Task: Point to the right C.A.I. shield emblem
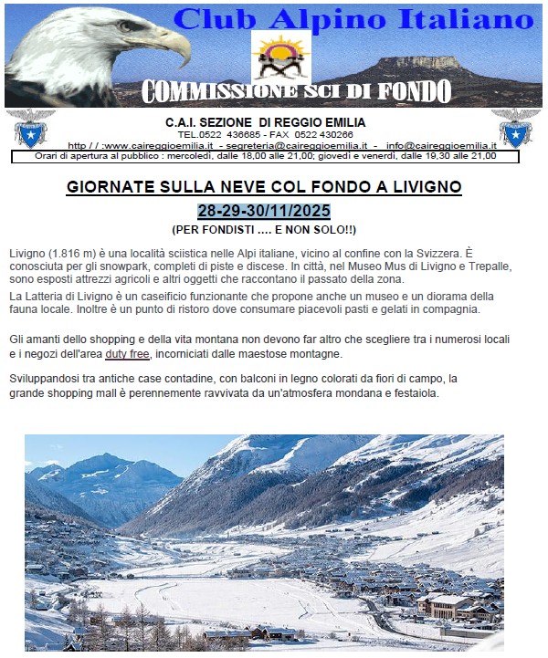click(515, 129)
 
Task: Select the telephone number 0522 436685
click(233, 134)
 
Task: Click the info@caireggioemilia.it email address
click(441, 145)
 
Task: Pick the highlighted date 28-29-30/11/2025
click(264, 210)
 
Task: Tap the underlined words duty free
click(127, 353)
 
